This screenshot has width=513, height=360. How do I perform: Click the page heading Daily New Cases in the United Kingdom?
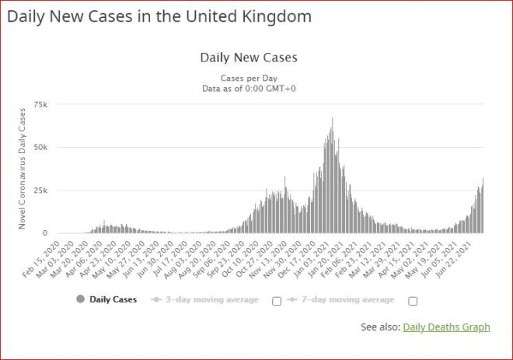[159, 16]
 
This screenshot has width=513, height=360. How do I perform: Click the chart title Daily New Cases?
[249, 58]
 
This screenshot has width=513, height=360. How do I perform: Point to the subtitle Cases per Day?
[249, 78]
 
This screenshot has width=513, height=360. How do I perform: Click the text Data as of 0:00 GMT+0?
[249, 88]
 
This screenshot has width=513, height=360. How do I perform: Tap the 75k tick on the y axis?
[40, 103]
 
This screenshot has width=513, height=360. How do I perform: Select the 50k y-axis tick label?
[40, 147]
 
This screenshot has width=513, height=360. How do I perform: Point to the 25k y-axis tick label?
[40, 190]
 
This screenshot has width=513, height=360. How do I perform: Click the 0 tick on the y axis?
[45, 233]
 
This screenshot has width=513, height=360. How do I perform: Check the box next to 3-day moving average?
[276, 301]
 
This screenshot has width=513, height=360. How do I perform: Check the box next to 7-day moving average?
[413, 301]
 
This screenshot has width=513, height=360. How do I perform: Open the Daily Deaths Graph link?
[446, 327]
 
